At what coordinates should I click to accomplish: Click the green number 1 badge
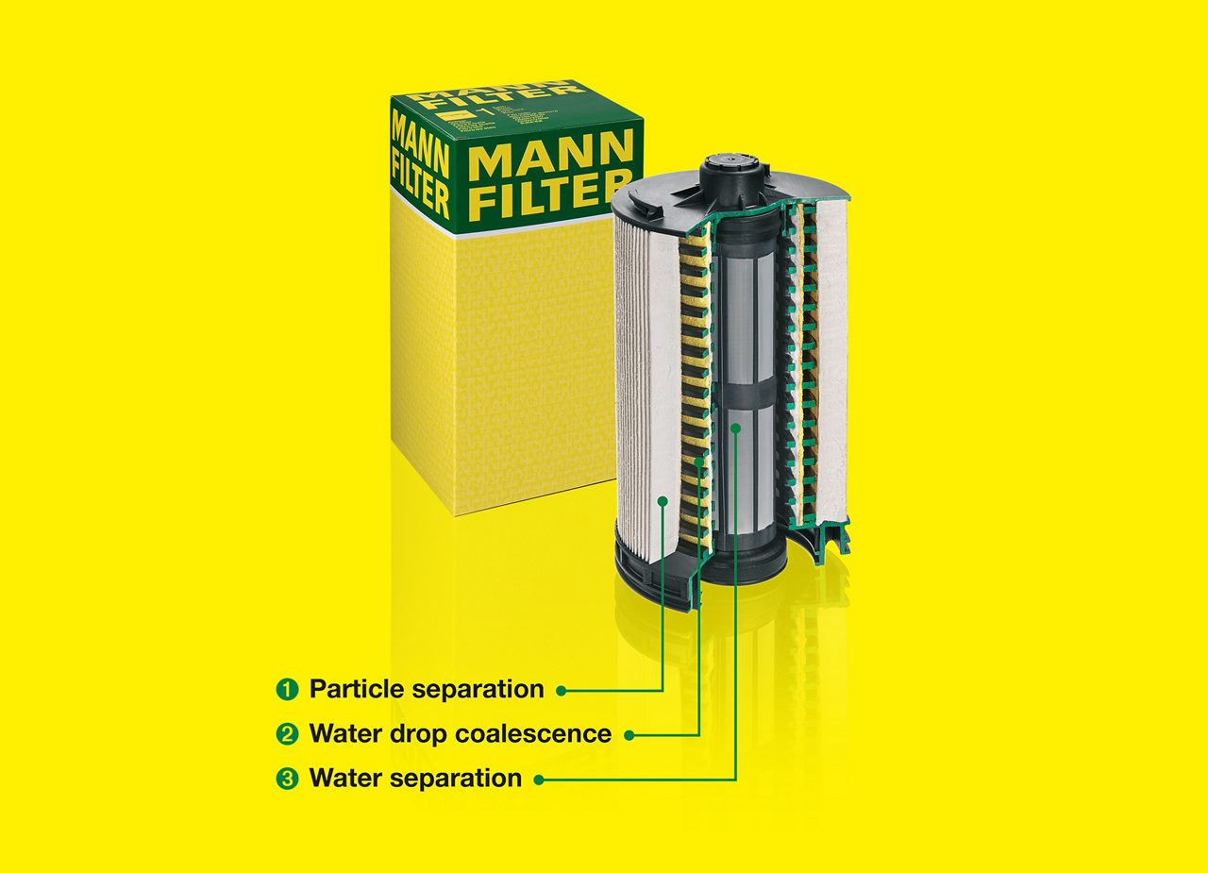[286, 689]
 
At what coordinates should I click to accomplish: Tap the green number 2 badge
[286, 733]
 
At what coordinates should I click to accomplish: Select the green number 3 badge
[286, 779]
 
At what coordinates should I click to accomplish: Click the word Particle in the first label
[357, 689]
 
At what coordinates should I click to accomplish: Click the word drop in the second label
[413, 733]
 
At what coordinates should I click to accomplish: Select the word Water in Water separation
[347, 779]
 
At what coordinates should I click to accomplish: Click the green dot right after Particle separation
[561, 691]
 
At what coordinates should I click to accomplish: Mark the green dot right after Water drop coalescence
[629, 734]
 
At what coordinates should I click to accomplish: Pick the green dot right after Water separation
[539, 780]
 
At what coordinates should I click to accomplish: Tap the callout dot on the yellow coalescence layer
[698, 462]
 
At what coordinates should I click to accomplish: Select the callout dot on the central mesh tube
[735, 428]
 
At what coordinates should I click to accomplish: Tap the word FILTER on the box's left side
[420, 191]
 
